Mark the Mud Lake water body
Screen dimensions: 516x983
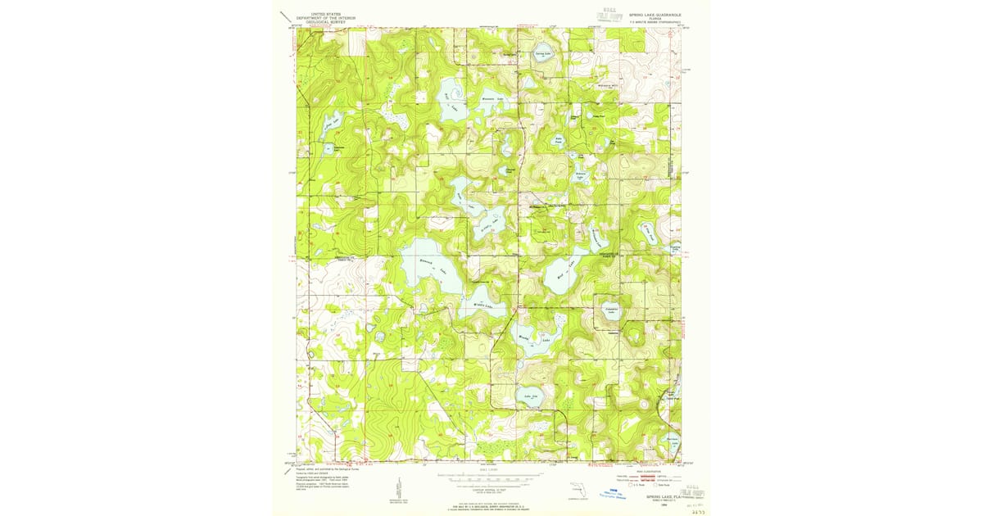563,274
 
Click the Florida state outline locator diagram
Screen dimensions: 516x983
580,491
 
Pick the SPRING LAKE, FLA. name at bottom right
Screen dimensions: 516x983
655,496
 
